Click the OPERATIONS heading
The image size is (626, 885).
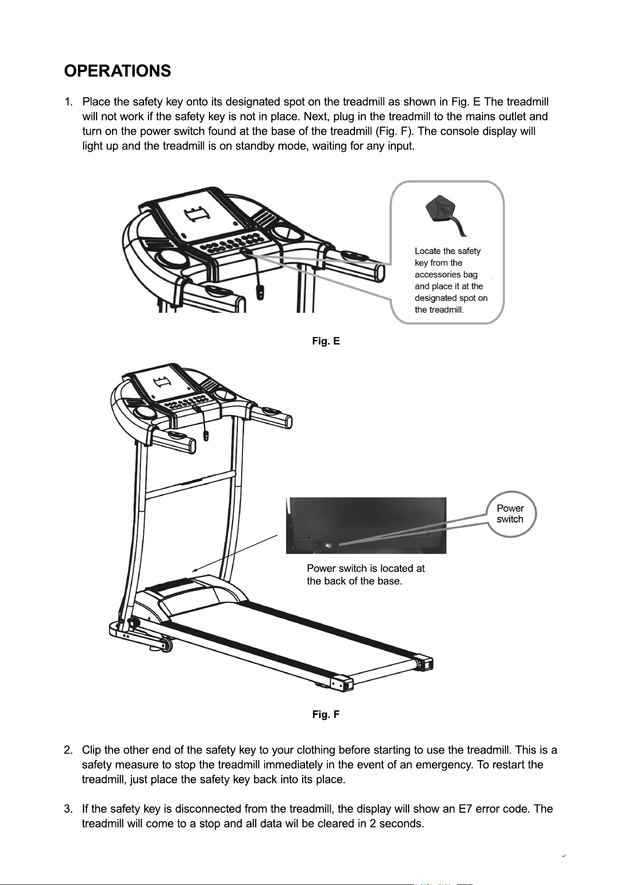click(x=117, y=71)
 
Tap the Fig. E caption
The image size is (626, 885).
click(x=326, y=341)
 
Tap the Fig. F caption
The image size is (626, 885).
click(x=326, y=714)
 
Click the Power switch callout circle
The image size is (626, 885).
click(x=511, y=514)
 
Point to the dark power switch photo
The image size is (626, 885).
click(x=366, y=525)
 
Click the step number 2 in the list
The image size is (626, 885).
click(x=68, y=750)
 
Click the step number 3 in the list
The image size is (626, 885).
click(x=68, y=809)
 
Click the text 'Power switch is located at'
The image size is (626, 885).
click(x=365, y=568)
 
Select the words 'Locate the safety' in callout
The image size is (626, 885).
click(x=447, y=251)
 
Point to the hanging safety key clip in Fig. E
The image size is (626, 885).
click(x=260, y=292)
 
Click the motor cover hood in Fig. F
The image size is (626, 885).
click(x=199, y=596)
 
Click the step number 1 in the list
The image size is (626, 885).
click(x=68, y=102)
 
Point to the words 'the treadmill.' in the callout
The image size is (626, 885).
click(x=439, y=310)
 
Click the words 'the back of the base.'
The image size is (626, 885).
click(x=354, y=581)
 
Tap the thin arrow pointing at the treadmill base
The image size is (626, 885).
click(x=235, y=554)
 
